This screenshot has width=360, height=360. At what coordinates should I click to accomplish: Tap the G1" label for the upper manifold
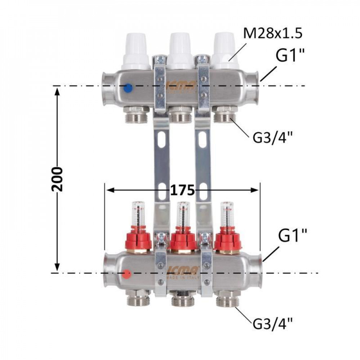[x=290, y=57]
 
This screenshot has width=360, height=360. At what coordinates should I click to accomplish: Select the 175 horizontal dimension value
[x=183, y=189]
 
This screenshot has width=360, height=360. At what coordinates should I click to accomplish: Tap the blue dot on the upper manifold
[x=127, y=87]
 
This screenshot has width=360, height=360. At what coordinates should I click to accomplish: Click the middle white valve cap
[x=180, y=50]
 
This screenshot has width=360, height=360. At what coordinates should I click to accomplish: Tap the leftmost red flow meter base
[x=138, y=239]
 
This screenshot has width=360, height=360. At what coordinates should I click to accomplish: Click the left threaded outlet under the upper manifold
[x=136, y=116]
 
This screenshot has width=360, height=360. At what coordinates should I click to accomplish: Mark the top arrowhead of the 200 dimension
[x=57, y=90]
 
